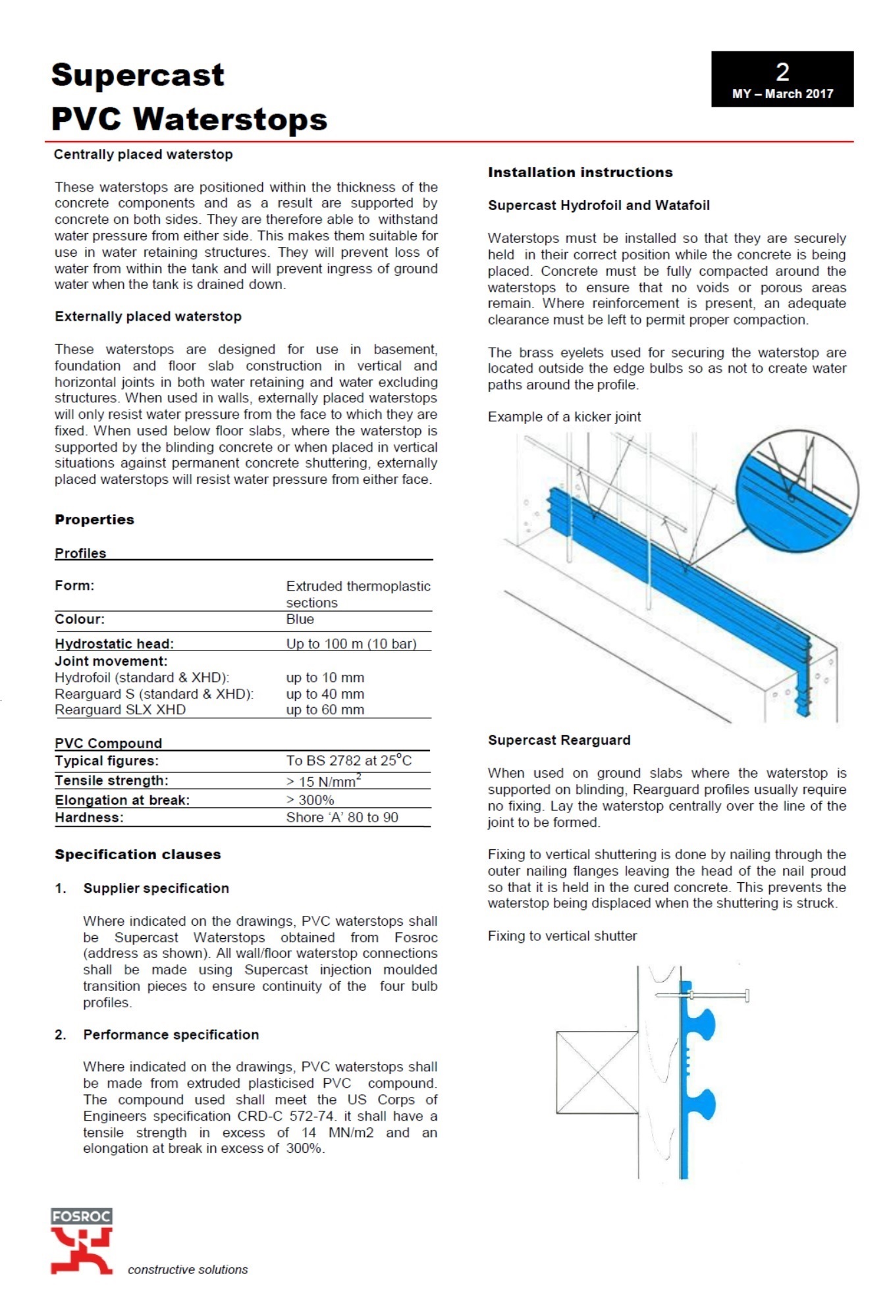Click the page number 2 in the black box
coord(782,72)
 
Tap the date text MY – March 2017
coord(782,93)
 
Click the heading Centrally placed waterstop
coord(143,155)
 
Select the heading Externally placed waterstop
coord(148,317)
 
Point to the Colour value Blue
coord(300,620)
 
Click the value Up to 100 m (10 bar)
coord(351,644)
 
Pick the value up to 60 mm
coord(325,710)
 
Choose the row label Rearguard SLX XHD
coord(120,710)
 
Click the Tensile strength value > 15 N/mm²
coord(323,781)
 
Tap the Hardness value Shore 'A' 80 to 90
coord(342,818)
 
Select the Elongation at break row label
coord(122,801)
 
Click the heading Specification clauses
coord(138,855)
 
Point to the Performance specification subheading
coord(171,1034)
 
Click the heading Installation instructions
coord(580,173)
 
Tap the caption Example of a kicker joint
coord(564,417)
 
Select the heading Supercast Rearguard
coord(559,740)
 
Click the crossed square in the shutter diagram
coord(597,1072)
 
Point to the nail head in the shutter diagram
coord(747,995)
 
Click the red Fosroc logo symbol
coord(81,1248)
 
